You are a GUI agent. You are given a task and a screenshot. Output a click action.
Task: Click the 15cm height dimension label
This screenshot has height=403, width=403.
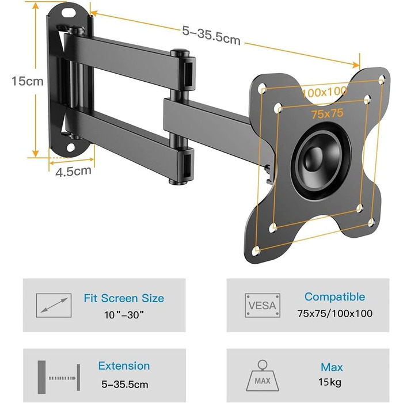point(28,81)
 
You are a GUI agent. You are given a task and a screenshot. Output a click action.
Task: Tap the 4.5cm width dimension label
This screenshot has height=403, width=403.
point(73,172)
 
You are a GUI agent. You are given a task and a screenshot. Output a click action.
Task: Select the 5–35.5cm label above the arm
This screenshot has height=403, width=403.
point(211,36)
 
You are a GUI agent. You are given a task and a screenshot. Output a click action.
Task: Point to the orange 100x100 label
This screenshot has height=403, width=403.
point(324,92)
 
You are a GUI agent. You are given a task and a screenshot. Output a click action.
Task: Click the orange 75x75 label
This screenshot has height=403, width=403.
point(328,113)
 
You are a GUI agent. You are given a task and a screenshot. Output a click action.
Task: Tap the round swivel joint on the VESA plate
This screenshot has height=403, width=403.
point(321,161)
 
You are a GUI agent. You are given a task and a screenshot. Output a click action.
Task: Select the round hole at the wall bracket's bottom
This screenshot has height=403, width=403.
point(71,147)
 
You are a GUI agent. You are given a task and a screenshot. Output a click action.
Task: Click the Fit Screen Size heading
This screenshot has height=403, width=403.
point(124,298)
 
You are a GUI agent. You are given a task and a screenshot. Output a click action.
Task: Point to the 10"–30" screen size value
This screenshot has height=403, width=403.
point(124,314)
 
